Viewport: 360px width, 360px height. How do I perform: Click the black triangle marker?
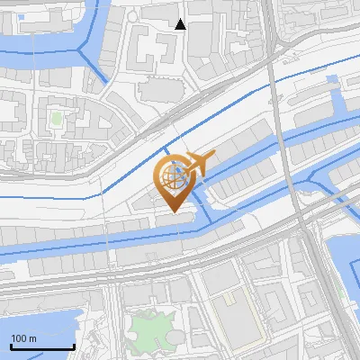click(x=181, y=25)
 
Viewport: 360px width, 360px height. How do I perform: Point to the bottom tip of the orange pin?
click(x=173, y=213)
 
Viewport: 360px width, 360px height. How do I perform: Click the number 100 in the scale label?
click(x=19, y=338)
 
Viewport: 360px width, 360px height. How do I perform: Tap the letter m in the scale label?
click(x=32, y=338)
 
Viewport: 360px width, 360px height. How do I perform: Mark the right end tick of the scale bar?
click(x=74, y=345)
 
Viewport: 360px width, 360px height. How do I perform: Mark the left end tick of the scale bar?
click(x=11, y=345)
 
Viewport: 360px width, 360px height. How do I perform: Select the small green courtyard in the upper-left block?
click(x=56, y=117)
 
